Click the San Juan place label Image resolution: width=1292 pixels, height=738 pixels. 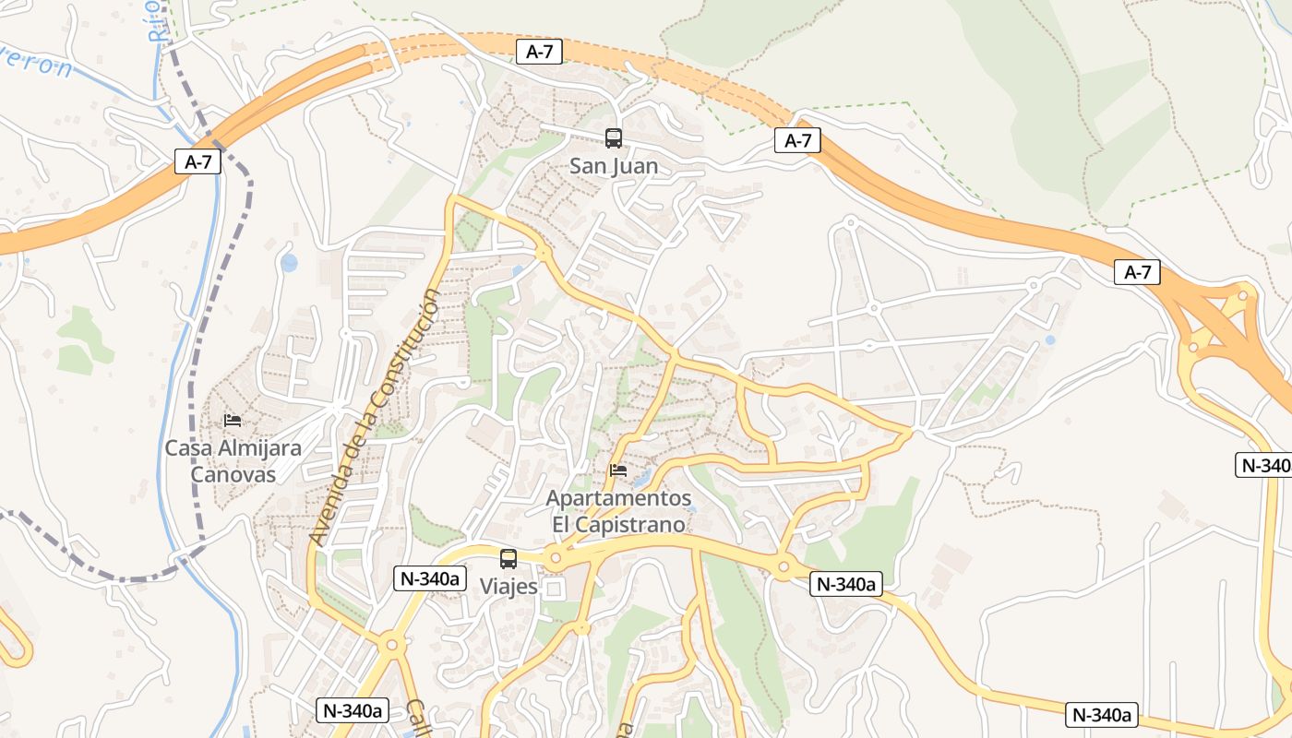[614, 166]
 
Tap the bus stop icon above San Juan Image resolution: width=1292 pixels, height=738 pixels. [614, 138]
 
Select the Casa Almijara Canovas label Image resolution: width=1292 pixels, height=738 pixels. [233, 461]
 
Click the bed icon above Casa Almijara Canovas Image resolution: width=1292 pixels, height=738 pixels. [233, 421]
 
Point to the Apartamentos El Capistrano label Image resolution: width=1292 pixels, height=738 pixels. [618, 511]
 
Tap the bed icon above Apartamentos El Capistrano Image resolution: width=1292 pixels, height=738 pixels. [618, 470]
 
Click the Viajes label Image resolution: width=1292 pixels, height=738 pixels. [508, 586]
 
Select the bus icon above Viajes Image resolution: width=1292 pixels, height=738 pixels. [508, 558]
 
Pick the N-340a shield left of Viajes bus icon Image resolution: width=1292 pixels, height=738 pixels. [429, 578]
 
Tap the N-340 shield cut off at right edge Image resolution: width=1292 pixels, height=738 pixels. [1263, 465]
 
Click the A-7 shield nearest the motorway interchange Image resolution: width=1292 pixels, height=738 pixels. [1137, 272]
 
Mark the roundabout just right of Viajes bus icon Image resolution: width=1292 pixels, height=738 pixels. [555, 558]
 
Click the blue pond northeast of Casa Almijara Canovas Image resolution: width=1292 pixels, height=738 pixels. [289, 263]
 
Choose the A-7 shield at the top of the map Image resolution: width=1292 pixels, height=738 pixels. [539, 52]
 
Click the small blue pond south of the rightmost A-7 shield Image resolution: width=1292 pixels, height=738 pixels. [1050, 339]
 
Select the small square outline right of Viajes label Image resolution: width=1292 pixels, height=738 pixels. [554, 589]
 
